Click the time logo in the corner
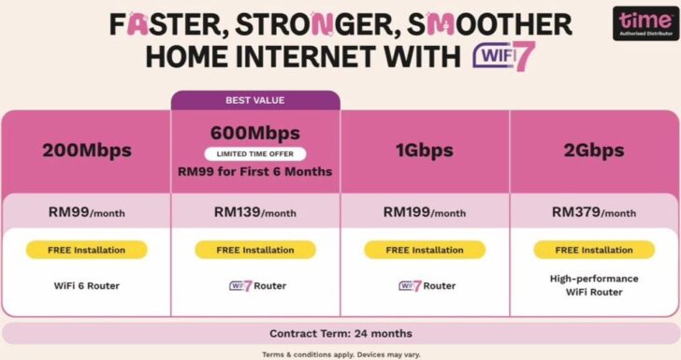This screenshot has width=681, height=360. (645, 23)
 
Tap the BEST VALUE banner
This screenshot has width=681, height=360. (255, 100)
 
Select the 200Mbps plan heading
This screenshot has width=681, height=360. (87, 151)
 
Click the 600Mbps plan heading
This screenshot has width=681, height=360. (255, 133)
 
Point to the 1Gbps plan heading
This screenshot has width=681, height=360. (425, 151)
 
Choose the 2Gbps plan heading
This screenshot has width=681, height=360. (594, 151)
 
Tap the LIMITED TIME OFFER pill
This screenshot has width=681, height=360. (255, 153)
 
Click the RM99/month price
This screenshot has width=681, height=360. (87, 212)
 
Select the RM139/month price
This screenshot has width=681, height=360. (255, 212)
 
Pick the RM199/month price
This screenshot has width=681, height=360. (425, 212)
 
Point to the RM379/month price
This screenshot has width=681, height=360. (594, 212)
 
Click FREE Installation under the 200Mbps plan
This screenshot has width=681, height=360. (87, 251)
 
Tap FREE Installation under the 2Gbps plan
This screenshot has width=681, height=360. (594, 251)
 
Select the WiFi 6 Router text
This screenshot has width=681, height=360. (87, 286)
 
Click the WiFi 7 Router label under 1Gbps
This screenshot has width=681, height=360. (427, 286)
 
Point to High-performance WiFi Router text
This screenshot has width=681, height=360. (594, 285)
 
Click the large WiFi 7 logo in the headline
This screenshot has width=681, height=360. (504, 56)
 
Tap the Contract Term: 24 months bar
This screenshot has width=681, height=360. (340, 334)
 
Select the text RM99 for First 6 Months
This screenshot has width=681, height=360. (255, 172)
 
